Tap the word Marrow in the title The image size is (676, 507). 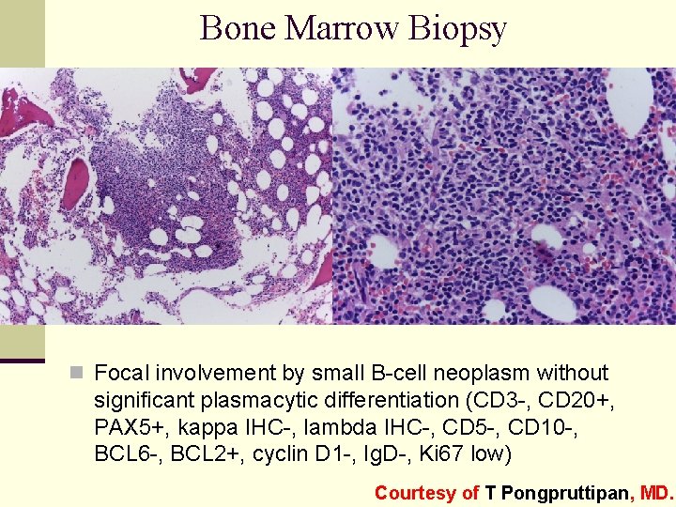pos(343,28)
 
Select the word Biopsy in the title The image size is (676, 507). pos(458,30)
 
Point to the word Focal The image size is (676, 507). pos(120,374)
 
